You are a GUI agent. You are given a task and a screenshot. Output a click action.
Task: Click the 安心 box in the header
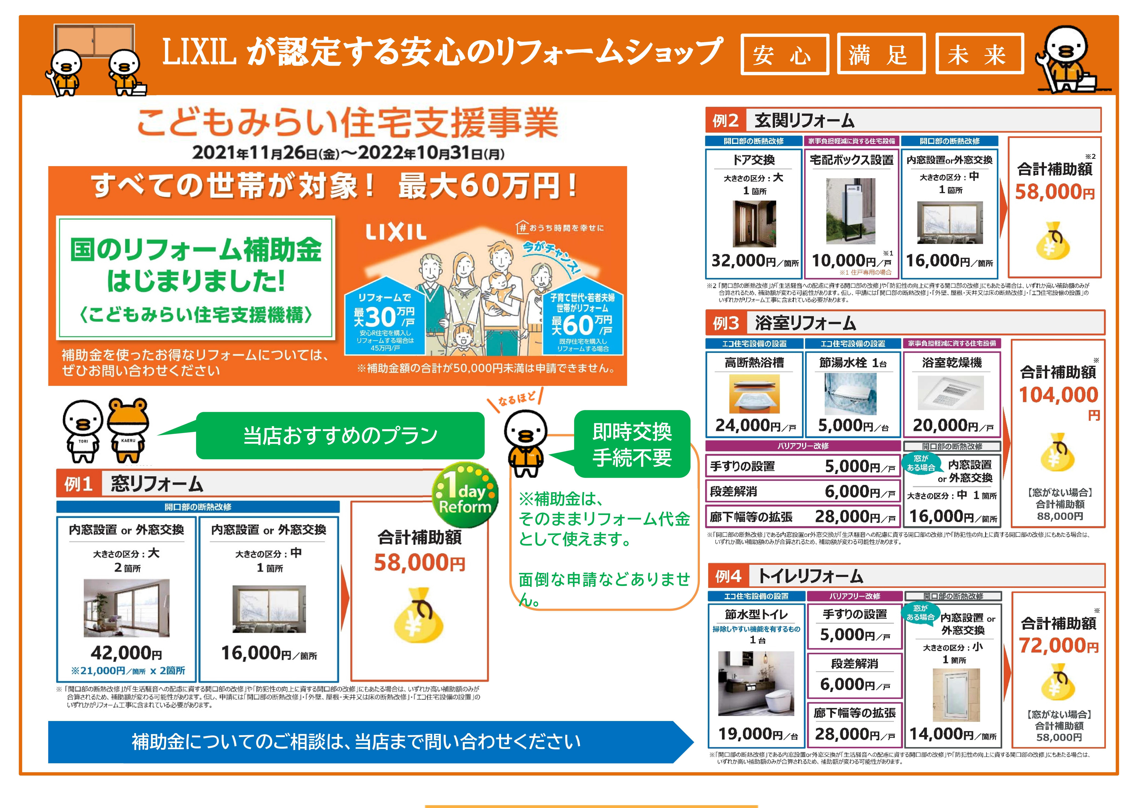tap(784, 54)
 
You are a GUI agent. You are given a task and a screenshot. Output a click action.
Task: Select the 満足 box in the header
tap(881, 54)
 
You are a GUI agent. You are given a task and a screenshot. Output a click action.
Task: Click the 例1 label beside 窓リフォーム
tap(79, 484)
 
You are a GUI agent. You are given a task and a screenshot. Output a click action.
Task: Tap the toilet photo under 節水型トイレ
tap(756, 683)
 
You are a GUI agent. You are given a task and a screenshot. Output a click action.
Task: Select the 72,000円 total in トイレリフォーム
tap(1058, 646)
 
